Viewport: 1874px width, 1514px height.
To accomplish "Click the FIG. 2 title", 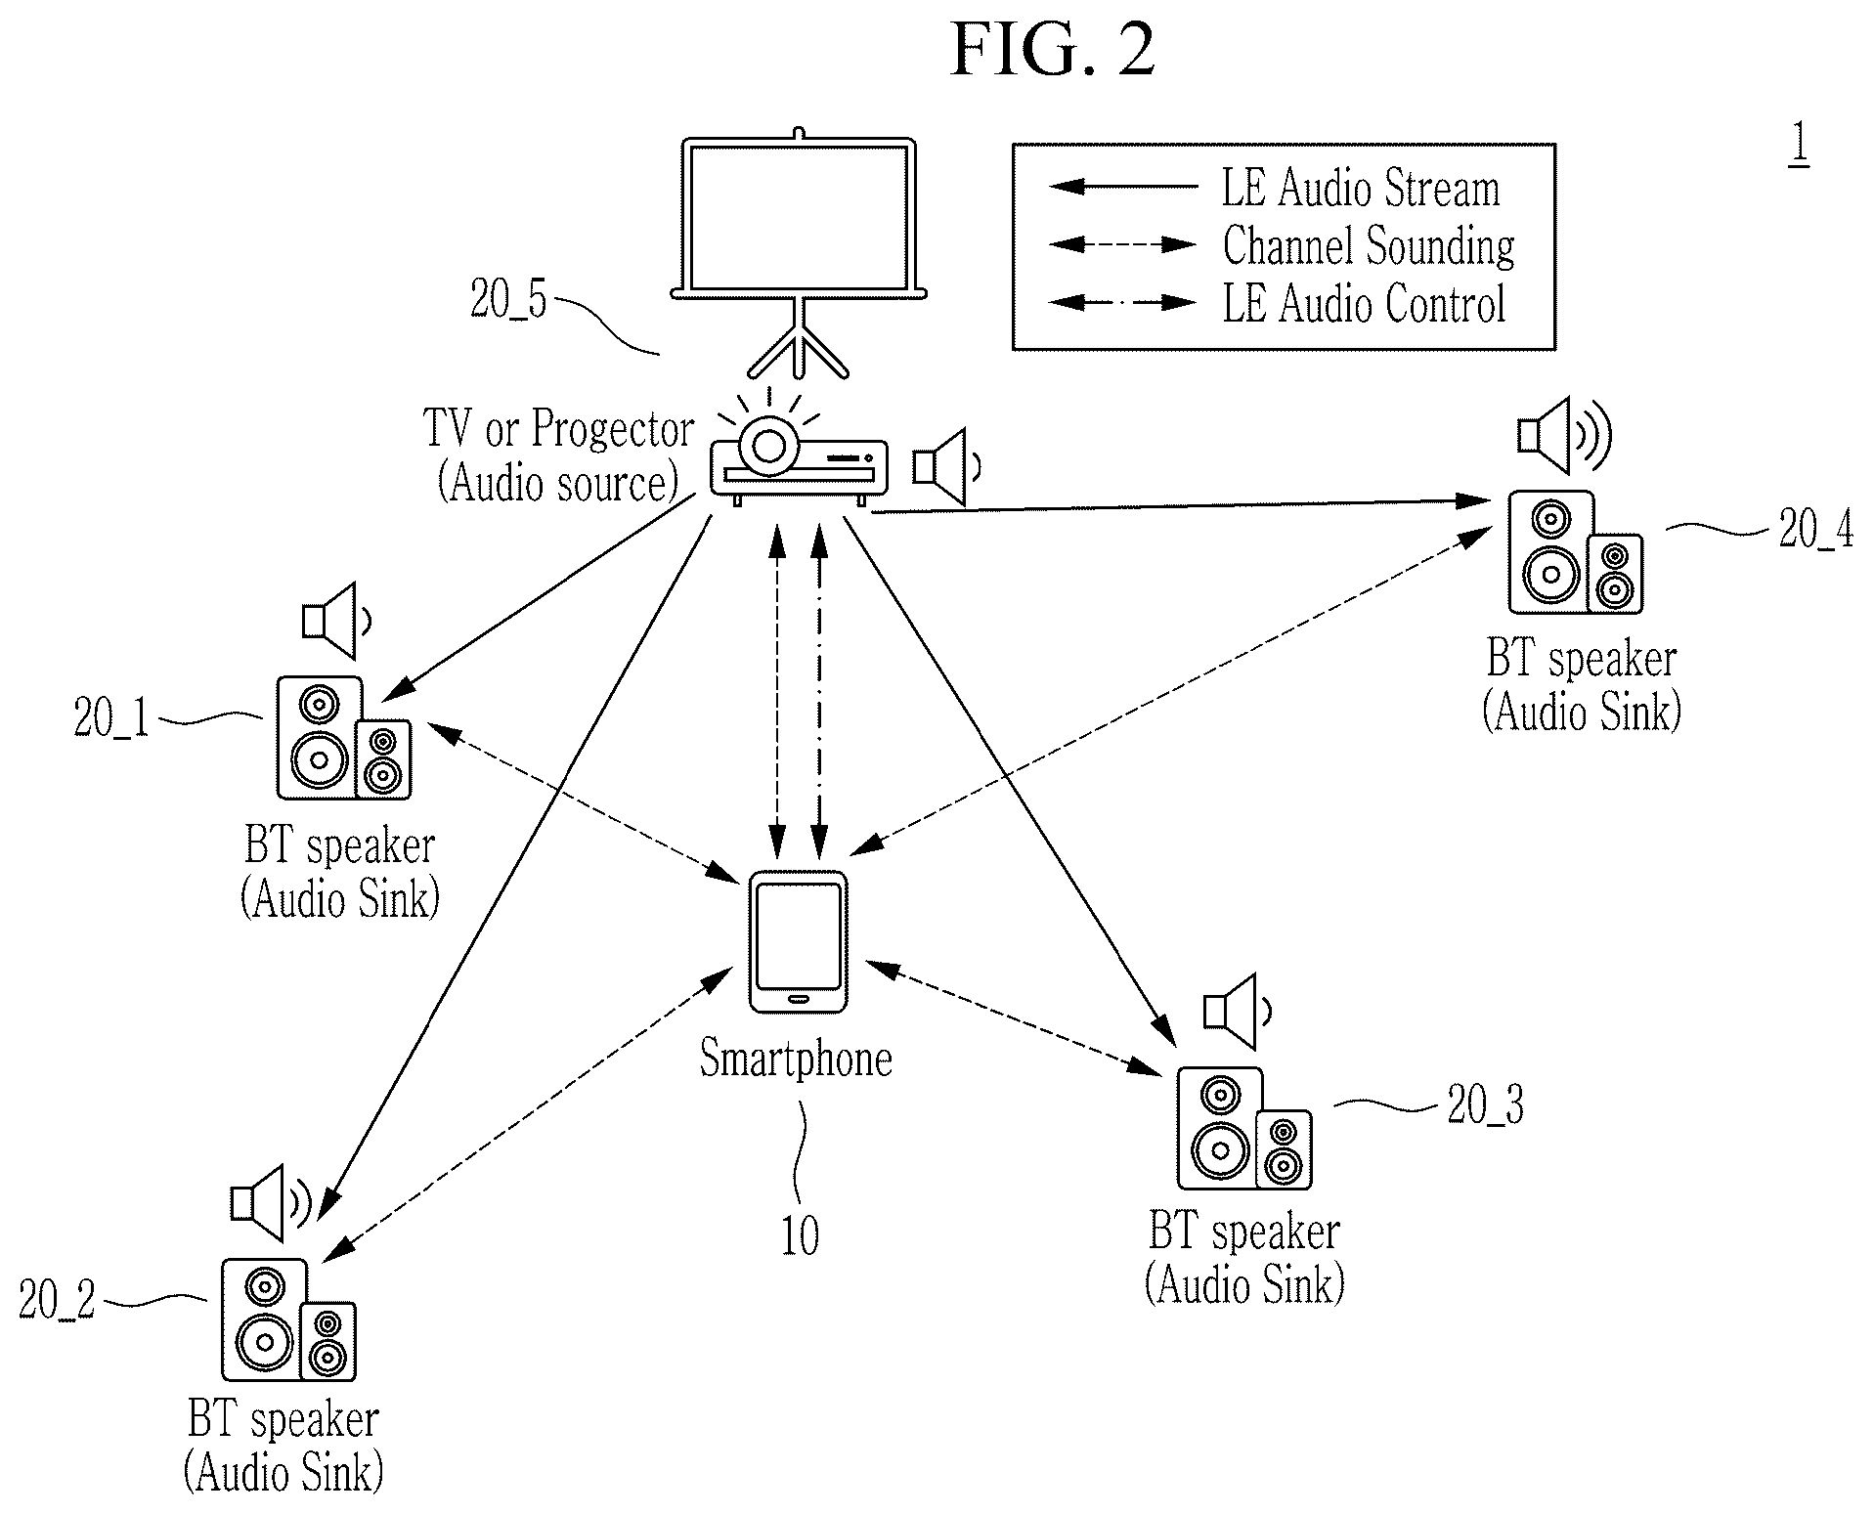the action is pyautogui.click(x=1053, y=50).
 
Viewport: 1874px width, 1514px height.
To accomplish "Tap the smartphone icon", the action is pyautogui.click(x=798, y=942).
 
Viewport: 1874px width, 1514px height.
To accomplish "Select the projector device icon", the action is pyautogui.click(x=799, y=458).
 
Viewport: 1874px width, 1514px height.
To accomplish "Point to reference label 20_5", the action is pyautogui.click(x=508, y=299).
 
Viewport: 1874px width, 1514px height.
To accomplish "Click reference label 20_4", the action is pyautogui.click(x=1815, y=530).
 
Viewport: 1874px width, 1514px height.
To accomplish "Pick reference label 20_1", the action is pyautogui.click(x=111, y=719).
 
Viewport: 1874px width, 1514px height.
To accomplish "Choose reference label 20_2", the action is pyautogui.click(x=58, y=1300).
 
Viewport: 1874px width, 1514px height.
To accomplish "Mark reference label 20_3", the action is pyautogui.click(x=1486, y=1105).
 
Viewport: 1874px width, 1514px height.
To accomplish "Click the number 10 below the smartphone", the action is pyautogui.click(x=800, y=1235).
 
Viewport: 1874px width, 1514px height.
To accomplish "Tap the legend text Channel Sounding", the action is pyautogui.click(x=1369, y=246).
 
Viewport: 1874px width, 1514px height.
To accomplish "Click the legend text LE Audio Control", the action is pyautogui.click(x=1364, y=303).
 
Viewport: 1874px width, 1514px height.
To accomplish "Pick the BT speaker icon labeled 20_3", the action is pyautogui.click(x=1243, y=1128).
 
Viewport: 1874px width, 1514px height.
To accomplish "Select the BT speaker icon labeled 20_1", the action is pyautogui.click(x=343, y=738).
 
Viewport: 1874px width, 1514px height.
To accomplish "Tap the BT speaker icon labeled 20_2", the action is pyautogui.click(x=288, y=1319).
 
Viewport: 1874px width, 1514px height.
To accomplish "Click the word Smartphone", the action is pyautogui.click(x=796, y=1059).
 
